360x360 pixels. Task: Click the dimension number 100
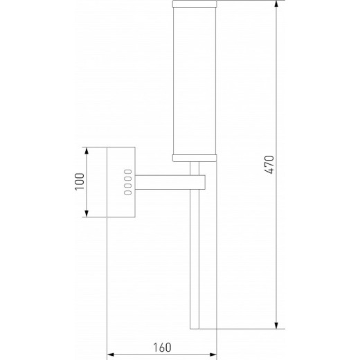pos(78,181)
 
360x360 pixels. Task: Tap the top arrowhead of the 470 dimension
pos(276,5)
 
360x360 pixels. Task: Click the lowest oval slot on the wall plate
pos(129,194)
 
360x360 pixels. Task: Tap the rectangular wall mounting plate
pos(120,181)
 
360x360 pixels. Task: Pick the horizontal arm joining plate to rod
pos(166,182)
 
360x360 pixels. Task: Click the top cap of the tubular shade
pos(195,4)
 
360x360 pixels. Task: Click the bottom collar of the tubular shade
pos(195,156)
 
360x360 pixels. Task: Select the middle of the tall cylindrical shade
pos(195,80)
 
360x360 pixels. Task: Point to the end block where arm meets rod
pos(199,182)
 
